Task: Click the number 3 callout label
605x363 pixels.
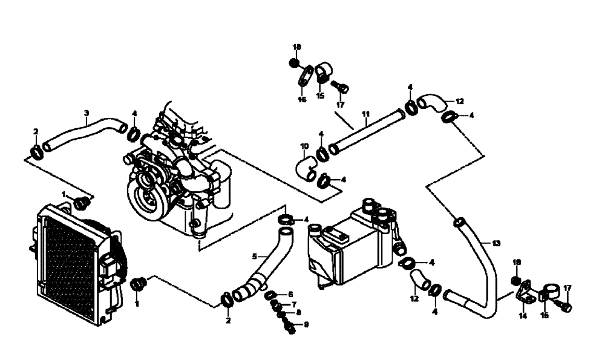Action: [x=87, y=113]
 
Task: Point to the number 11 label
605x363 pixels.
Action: [x=366, y=113]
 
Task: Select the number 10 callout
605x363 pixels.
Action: [x=304, y=146]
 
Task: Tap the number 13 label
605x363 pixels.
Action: [x=496, y=243]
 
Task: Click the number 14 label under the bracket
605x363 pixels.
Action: [x=522, y=316]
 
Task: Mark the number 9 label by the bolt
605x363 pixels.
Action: [x=306, y=325]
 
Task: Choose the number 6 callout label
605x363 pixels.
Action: [x=290, y=294]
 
